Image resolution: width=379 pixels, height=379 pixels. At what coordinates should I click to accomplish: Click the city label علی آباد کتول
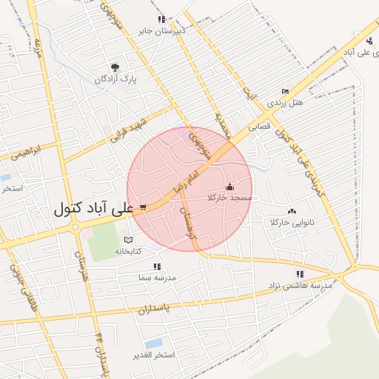tap(93, 209)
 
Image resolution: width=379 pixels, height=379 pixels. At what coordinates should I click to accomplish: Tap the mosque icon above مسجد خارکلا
tap(229, 187)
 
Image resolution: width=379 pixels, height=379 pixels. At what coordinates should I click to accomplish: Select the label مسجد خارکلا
tap(230, 198)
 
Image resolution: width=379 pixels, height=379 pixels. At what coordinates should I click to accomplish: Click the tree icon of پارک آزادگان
tap(114, 67)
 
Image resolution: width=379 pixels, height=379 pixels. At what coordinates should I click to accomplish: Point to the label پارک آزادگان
tap(116, 79)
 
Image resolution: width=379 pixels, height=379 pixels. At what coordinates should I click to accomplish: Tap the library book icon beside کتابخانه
tap(129, 240)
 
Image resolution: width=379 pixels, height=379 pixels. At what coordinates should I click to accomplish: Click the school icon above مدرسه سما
tap(156, 266)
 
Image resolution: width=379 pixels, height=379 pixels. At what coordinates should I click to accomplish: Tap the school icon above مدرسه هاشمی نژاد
tap(300, 274)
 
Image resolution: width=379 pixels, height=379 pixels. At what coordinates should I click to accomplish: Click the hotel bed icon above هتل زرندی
tap(285, 91)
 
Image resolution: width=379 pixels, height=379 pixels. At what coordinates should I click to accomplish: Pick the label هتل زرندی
tap(286, 102)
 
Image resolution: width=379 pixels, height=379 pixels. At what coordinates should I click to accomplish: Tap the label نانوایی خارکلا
tap(292, 222)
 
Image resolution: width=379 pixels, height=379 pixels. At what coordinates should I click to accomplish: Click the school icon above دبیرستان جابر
tap(161, 19)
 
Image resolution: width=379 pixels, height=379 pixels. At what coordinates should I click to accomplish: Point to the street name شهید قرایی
tap(130, 129)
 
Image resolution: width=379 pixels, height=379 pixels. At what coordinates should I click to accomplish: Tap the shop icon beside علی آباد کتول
tap(142, 208)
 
